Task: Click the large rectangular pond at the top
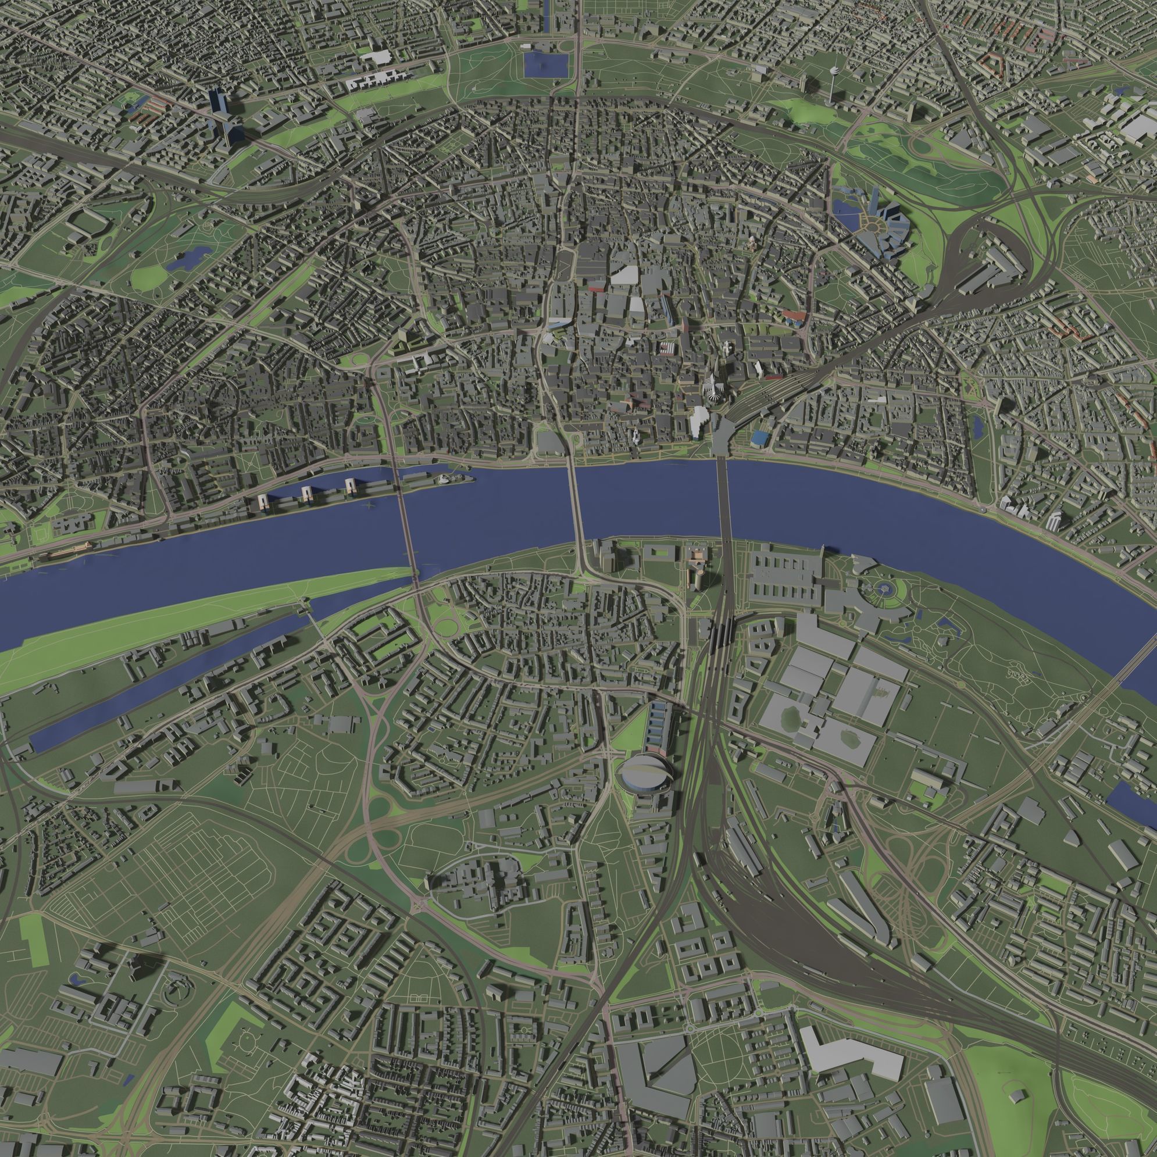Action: pyautogui.click(x=545, y=64)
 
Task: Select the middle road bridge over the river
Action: pyautogui.click(x=577, y=509)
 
